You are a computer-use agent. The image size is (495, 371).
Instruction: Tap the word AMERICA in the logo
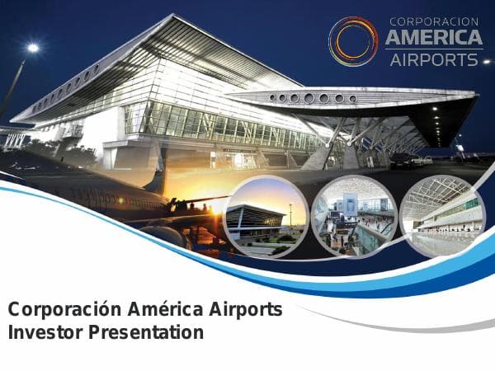(434, 38)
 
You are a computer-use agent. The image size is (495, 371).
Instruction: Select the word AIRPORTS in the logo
(433, 59)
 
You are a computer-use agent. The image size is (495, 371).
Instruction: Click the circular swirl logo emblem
(353, 40)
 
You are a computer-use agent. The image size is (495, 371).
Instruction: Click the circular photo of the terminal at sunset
(266, 216)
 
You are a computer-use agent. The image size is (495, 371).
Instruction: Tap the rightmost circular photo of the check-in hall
(441, 216)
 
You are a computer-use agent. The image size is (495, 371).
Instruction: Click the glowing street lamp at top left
(32, 48)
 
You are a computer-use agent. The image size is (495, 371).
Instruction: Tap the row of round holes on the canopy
(318, 98)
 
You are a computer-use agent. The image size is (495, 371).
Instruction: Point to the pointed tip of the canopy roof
(476, 98)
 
